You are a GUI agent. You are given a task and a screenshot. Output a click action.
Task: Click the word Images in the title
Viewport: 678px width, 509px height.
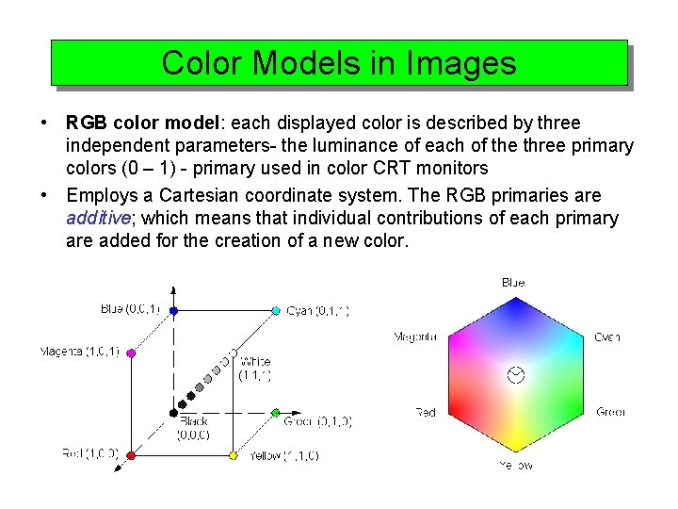461,63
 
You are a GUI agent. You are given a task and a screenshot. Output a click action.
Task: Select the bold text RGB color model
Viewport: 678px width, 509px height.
141,123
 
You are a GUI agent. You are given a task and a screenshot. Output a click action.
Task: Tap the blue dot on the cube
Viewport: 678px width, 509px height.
174,310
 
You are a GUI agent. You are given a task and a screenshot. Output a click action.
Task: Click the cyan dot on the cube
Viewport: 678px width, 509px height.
276,310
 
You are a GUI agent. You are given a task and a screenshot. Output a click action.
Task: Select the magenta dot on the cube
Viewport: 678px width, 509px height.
131,353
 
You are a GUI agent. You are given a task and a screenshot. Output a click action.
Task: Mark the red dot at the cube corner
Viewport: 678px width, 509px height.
131,455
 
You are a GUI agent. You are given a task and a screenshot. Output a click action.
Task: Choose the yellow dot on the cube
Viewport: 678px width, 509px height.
233,455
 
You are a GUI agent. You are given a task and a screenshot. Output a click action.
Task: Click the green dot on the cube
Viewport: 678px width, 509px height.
275,413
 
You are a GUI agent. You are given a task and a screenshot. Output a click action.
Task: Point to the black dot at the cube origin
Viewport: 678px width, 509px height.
174,412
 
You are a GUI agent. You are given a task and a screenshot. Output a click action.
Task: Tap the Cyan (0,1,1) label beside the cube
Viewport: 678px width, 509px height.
317,310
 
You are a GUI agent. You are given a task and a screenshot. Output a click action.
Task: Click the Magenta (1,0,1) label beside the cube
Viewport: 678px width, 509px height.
79,353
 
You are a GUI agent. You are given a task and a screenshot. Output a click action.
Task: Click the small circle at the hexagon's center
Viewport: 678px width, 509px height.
515,375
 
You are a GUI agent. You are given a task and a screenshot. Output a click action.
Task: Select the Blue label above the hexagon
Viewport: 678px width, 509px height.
513,282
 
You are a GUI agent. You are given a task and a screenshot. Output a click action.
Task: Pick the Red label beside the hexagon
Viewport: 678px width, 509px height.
426,412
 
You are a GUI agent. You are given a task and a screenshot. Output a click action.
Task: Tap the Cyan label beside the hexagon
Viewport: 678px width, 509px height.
607,337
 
